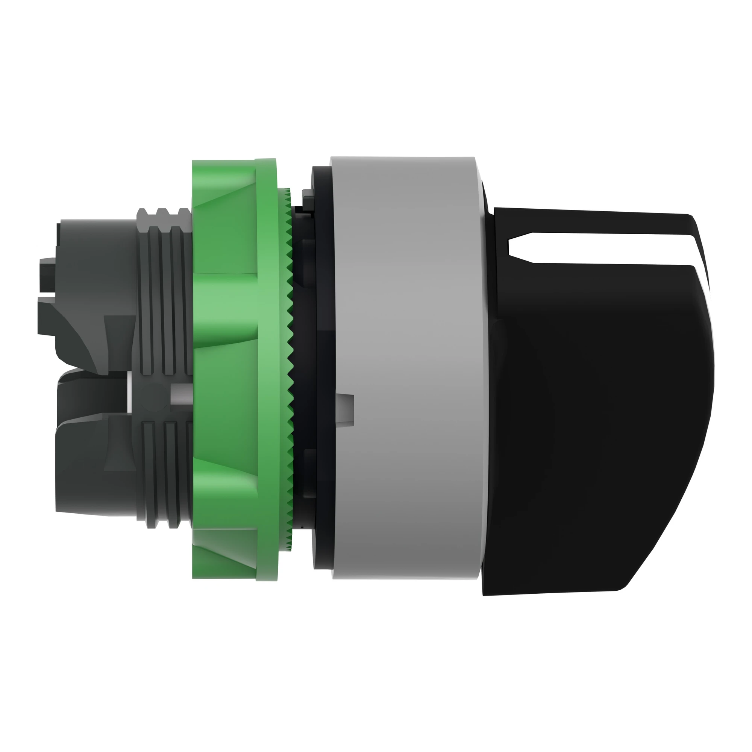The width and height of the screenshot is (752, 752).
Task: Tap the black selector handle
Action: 599,389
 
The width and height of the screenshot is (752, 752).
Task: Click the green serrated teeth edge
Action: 289,370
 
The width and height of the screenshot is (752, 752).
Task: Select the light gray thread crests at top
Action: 164,213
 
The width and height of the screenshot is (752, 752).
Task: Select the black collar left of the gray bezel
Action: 323,350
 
